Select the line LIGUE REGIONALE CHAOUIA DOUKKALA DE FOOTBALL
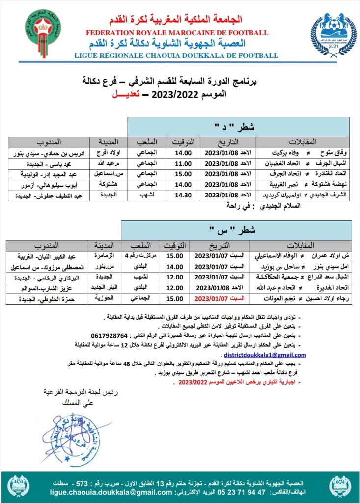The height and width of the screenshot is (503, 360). click(176, 56)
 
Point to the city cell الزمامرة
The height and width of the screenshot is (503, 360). click(103, 256)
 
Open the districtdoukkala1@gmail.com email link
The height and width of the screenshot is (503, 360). click(265, 355)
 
